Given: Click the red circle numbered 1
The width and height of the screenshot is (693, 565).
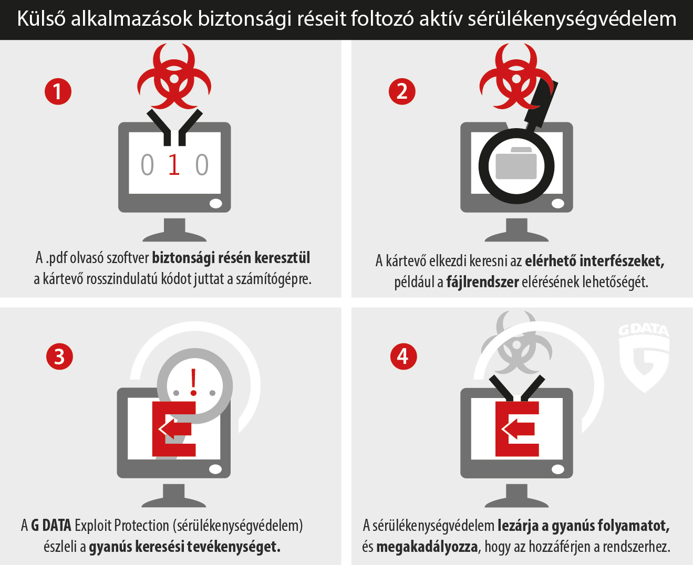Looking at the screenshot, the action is point(58,91).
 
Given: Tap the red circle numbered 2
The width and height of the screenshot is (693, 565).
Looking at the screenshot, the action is point(402,91).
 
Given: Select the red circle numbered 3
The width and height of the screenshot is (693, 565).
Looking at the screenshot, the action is point(59,357).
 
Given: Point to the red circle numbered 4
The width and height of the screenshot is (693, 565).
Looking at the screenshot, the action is point(404,357).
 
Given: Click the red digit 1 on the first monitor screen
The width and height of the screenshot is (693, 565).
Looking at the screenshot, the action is point(174,164).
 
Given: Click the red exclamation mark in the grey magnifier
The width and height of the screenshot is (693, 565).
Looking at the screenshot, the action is point(193,382).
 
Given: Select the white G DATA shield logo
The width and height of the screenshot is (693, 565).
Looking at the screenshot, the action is point(644,358).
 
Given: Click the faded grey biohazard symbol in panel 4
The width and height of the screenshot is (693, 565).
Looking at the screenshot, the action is point(516,342).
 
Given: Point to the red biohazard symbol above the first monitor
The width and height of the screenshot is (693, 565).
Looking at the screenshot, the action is point(174,76).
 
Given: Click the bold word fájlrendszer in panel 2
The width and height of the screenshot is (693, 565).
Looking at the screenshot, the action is point(482,282).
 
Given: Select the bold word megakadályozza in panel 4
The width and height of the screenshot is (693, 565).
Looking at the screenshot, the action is point(427,547).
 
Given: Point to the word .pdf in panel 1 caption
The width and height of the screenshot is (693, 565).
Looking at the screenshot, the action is point(56,258).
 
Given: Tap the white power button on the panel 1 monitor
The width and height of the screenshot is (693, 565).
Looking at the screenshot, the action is point(215,203).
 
